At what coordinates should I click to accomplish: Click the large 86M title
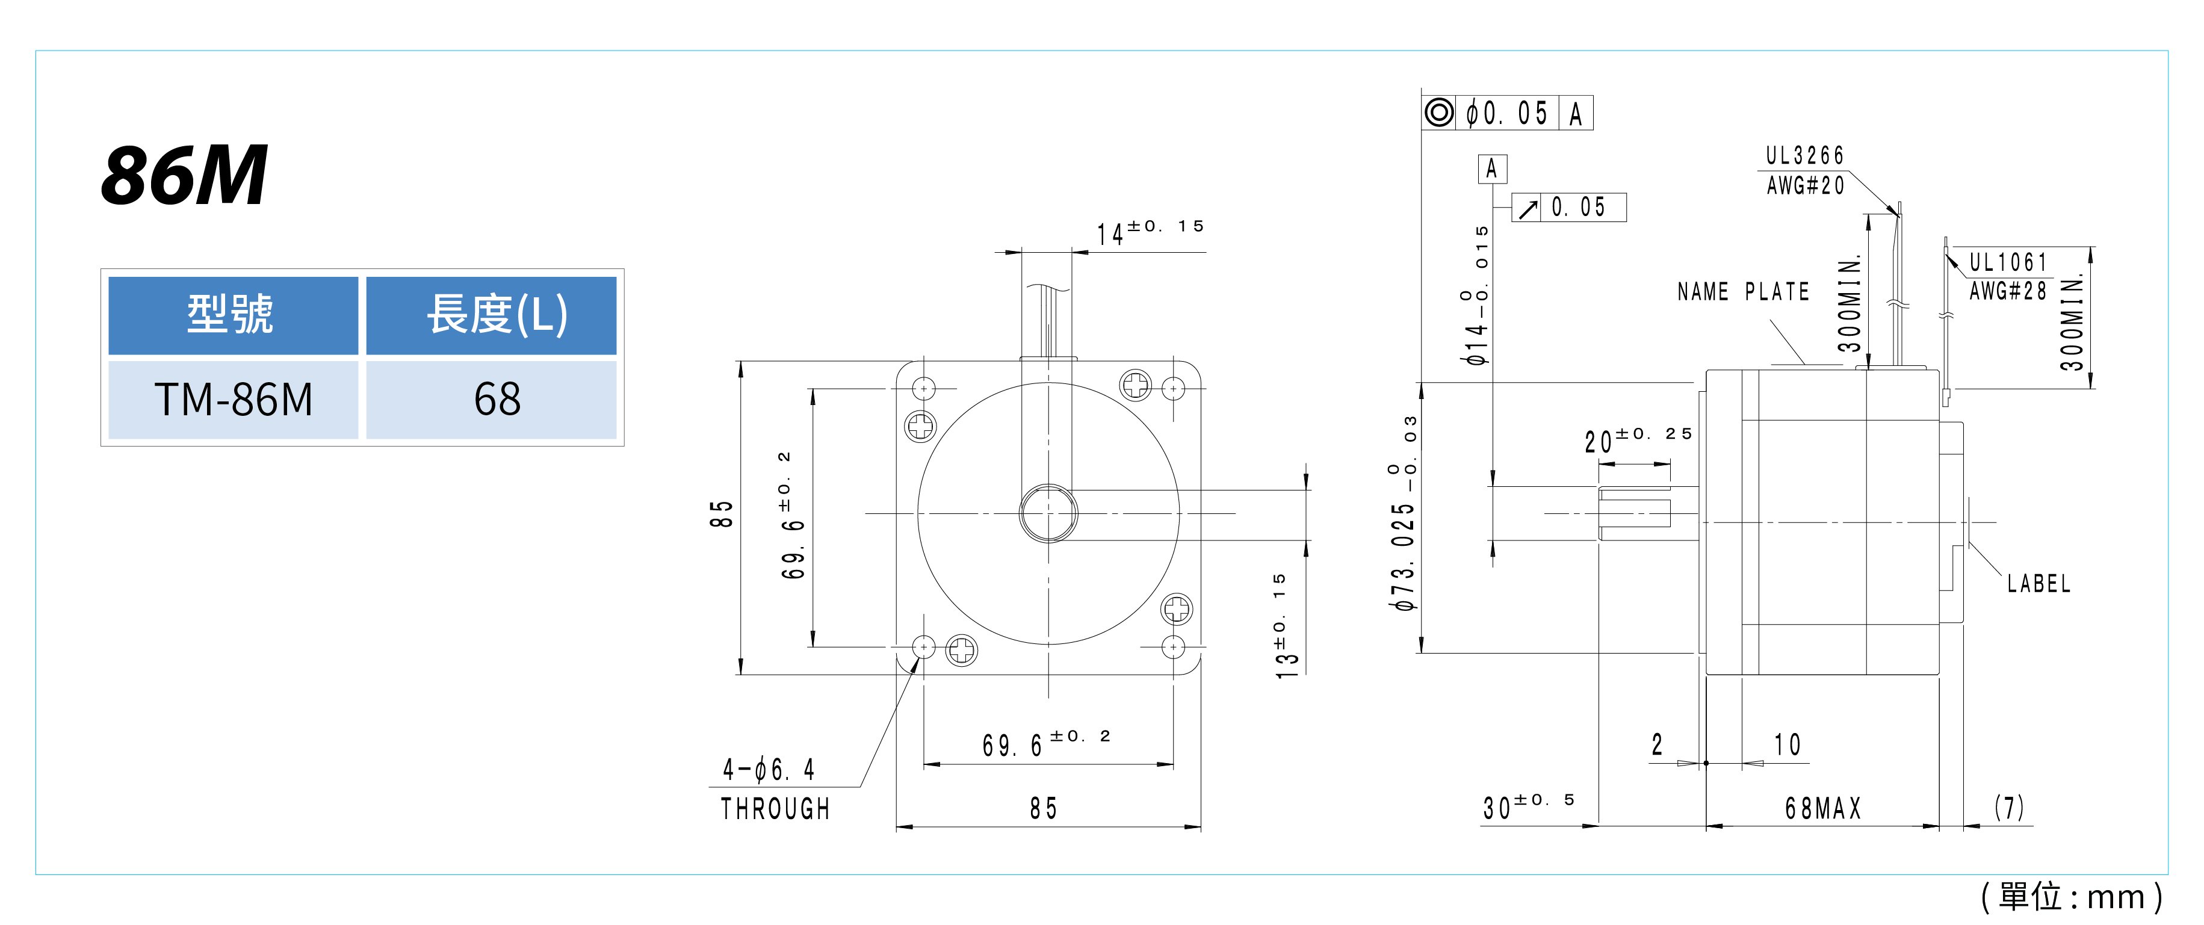[184, 175]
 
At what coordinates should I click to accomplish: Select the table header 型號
[231, 314]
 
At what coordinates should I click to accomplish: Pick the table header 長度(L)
[497, 315]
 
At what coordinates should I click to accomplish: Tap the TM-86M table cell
[234, 400]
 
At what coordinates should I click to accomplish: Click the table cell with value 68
[497, 400]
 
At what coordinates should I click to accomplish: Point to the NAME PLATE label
[1743, 292]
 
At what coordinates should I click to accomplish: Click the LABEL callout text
[2039, 584]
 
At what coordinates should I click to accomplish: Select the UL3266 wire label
[1806, 156]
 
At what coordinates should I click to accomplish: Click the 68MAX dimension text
[1822, 808]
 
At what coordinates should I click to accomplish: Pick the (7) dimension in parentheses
[2010, 807]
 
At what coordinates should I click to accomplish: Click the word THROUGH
[775, 809]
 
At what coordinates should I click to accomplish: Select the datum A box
[1492, 169]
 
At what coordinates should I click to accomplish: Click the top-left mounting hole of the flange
[924, 389]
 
